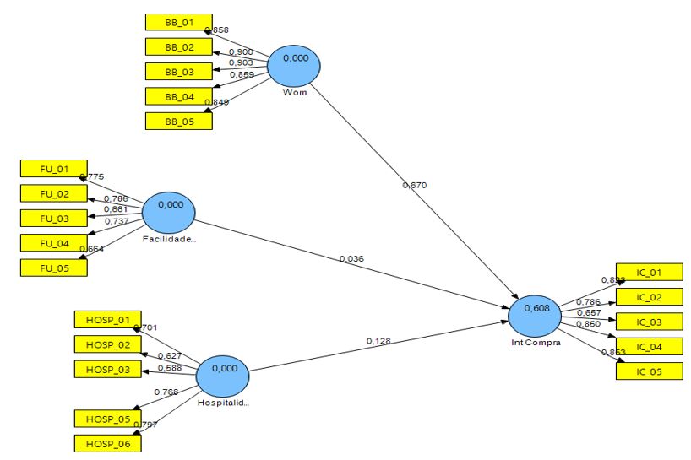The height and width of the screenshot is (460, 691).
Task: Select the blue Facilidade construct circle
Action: (169, 211)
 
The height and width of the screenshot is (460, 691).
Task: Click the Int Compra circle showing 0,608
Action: (536, 314)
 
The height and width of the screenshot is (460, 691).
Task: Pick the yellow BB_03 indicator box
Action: (178, 72)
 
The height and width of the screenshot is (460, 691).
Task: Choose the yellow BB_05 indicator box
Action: (178, 121)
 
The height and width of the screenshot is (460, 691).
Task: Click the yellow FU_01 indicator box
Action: (53, 169)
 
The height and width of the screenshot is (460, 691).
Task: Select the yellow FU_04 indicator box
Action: (53, 243)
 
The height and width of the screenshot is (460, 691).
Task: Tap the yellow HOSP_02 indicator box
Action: (107, 344)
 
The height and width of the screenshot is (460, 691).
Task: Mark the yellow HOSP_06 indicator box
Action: (107, 443)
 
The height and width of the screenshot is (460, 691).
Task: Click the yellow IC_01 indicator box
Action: (649, 272)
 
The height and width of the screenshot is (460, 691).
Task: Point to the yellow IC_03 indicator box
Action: (649, 322)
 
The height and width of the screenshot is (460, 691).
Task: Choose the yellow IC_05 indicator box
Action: (649, 371)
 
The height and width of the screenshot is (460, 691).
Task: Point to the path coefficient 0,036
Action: (352, 259)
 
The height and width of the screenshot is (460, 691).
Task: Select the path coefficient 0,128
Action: (378, 340)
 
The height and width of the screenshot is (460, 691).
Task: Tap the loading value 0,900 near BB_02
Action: (242, 53)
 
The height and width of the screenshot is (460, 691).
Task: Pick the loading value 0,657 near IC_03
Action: (588, 312)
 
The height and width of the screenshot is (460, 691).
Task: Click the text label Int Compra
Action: (536, 342)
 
